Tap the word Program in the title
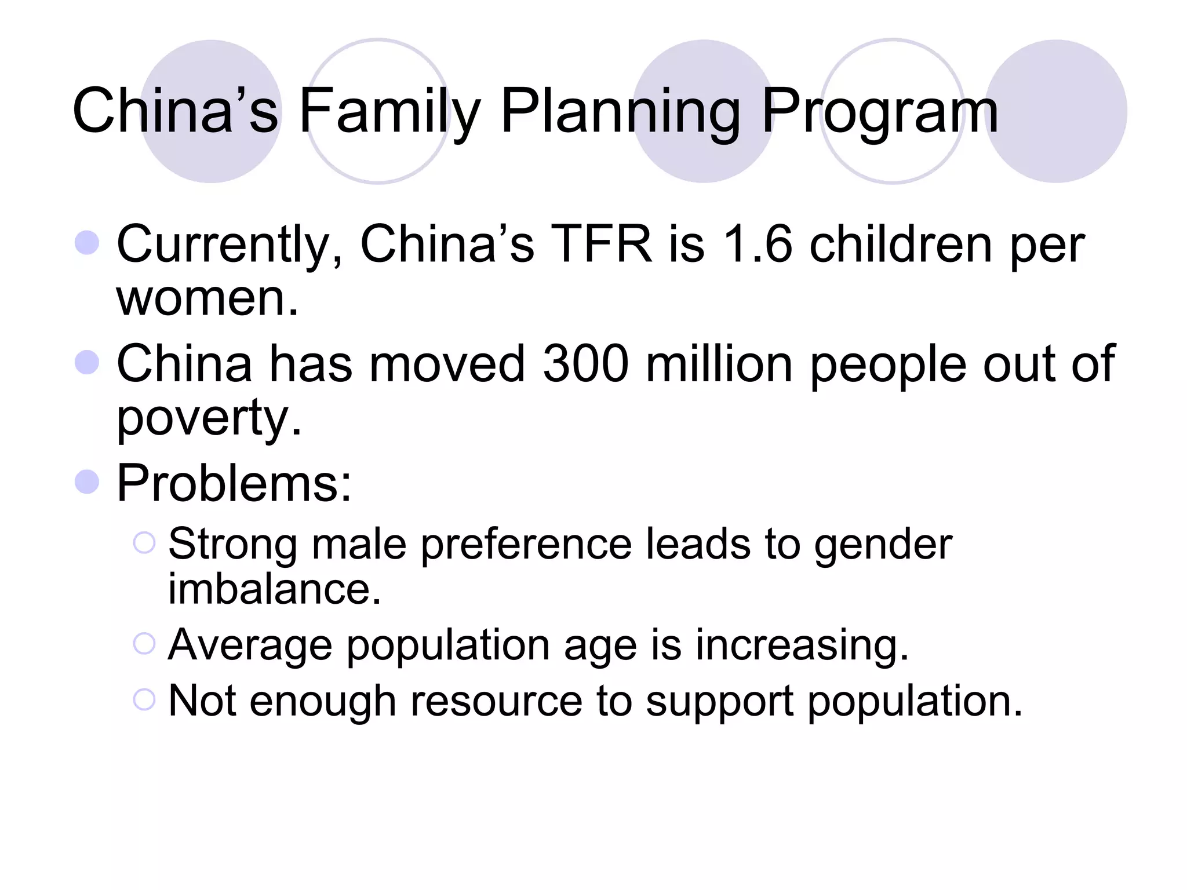coord(879,111)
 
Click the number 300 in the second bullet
coord(585,364)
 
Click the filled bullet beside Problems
coord(87,482)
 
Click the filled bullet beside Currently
coord(87,242)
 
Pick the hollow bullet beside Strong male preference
coord(144,543)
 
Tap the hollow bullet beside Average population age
coord(144,644)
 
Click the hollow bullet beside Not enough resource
coord(144,699)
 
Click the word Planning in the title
coord(620,111)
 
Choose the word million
coord(719,364)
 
